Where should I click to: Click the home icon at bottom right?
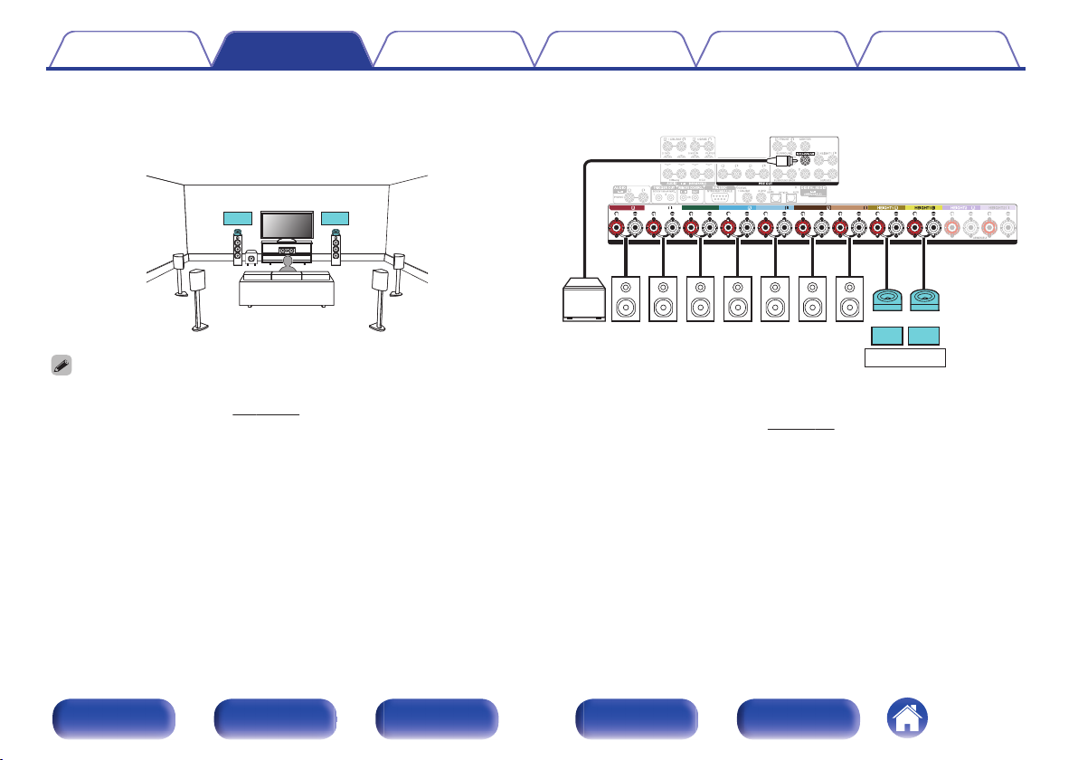click(907, 719)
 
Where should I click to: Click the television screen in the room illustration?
click(287, 224)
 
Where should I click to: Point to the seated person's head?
click(287, 262)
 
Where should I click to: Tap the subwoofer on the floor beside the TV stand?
click(251, 260)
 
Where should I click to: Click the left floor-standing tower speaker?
click(237, 252)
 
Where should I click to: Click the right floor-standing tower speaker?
click(337, 252)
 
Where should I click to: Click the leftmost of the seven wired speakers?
click(628, 299)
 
